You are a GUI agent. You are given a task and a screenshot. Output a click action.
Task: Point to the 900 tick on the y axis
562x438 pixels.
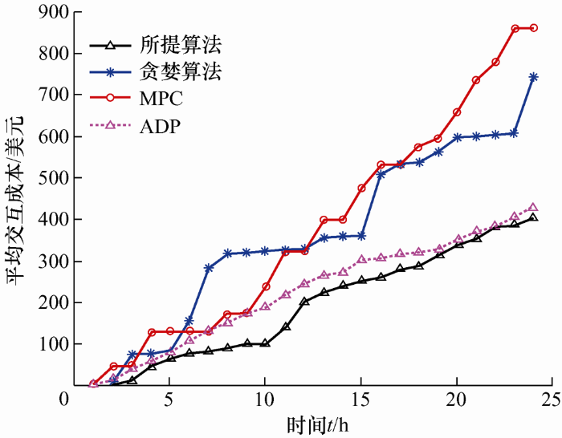click(55, 13)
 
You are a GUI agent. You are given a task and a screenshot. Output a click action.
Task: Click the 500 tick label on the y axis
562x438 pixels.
click(55, 178)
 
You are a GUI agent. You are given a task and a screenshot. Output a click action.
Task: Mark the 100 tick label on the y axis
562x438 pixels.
click(55, 344)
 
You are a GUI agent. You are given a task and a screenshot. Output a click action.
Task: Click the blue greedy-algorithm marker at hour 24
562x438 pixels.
click(534, 77)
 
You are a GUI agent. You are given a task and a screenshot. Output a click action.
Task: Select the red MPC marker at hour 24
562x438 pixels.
click(534, 28)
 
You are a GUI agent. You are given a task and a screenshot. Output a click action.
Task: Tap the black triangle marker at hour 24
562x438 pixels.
click(534, 218)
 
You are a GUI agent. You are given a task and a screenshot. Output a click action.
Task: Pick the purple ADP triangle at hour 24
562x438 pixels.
click(534, 207)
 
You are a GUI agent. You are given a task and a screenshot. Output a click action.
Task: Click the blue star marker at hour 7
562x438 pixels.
click(209, 268)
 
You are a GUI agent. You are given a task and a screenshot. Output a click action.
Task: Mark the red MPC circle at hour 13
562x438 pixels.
click(324, 220)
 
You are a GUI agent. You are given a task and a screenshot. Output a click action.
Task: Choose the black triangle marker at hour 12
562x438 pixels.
click(304, 302)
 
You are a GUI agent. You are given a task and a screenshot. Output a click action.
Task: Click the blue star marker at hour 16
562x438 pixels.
click(381, 174)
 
